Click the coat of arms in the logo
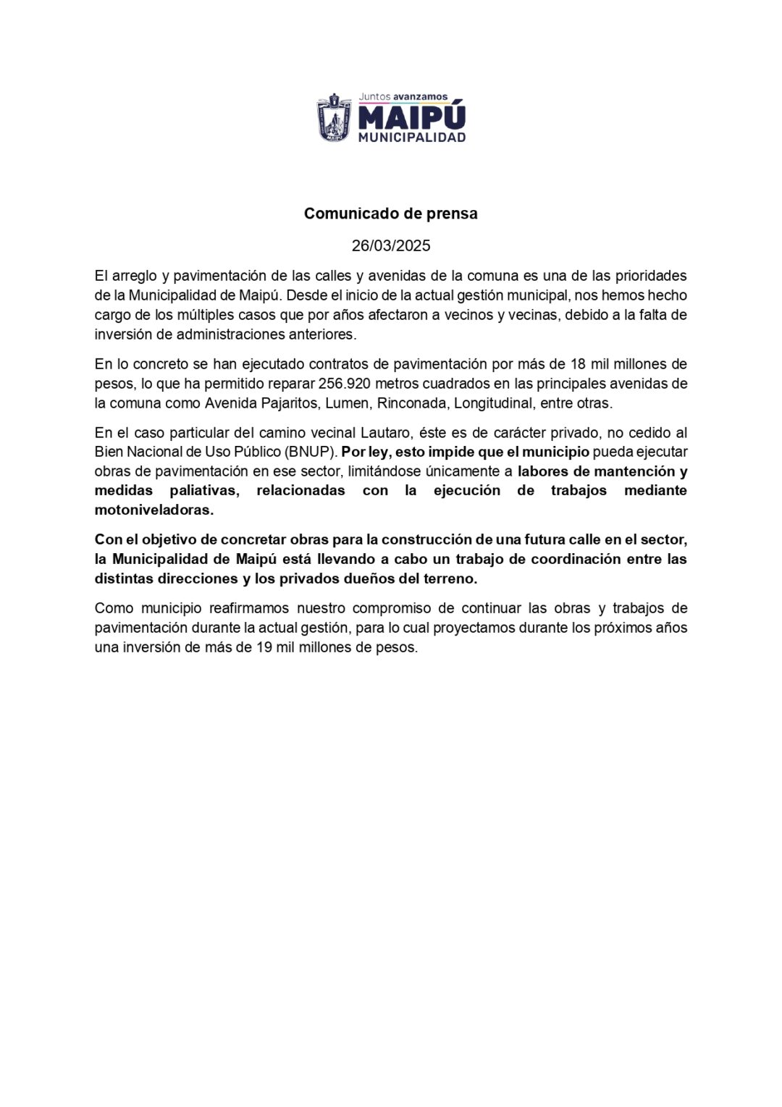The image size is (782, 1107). pos(333,117)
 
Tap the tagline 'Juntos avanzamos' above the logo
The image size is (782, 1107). pos(403,96)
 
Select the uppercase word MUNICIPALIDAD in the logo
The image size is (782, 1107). pos(412,137)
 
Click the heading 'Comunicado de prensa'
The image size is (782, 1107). pos(391,214)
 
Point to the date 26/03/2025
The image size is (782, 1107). pos(391,245)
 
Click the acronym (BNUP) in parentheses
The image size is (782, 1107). pos(312,452)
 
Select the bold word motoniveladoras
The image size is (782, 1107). pos(154,510)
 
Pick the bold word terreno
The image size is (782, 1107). pos(450,578)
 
